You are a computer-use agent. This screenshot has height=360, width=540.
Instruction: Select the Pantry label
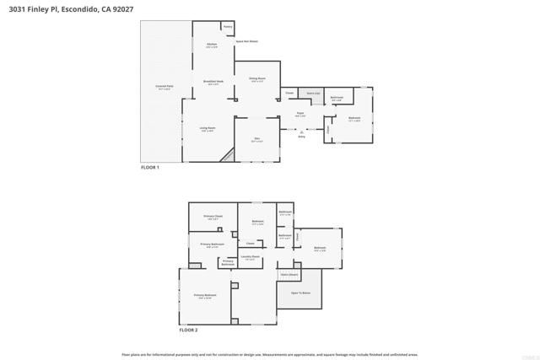(228, 27)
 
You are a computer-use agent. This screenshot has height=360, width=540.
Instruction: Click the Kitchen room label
(212, 46)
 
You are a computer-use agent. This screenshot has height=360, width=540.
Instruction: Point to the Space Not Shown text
(246, 40)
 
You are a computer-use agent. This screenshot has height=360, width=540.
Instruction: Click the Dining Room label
(256, 79)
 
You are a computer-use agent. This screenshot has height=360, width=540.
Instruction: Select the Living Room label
(207, 128)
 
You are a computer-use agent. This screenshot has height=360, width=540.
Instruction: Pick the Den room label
(256, 139)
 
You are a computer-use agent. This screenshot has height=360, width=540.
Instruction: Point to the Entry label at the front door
(301, 135)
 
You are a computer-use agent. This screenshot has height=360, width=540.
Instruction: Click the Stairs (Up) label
(313, 93)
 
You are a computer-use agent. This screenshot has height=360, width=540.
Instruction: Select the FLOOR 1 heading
(149, 167)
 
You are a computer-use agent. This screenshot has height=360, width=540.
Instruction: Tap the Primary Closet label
(213, 217)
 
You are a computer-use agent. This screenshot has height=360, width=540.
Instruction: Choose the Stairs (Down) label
(289, 274)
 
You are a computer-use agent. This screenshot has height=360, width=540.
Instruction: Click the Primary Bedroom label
(205, 295)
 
